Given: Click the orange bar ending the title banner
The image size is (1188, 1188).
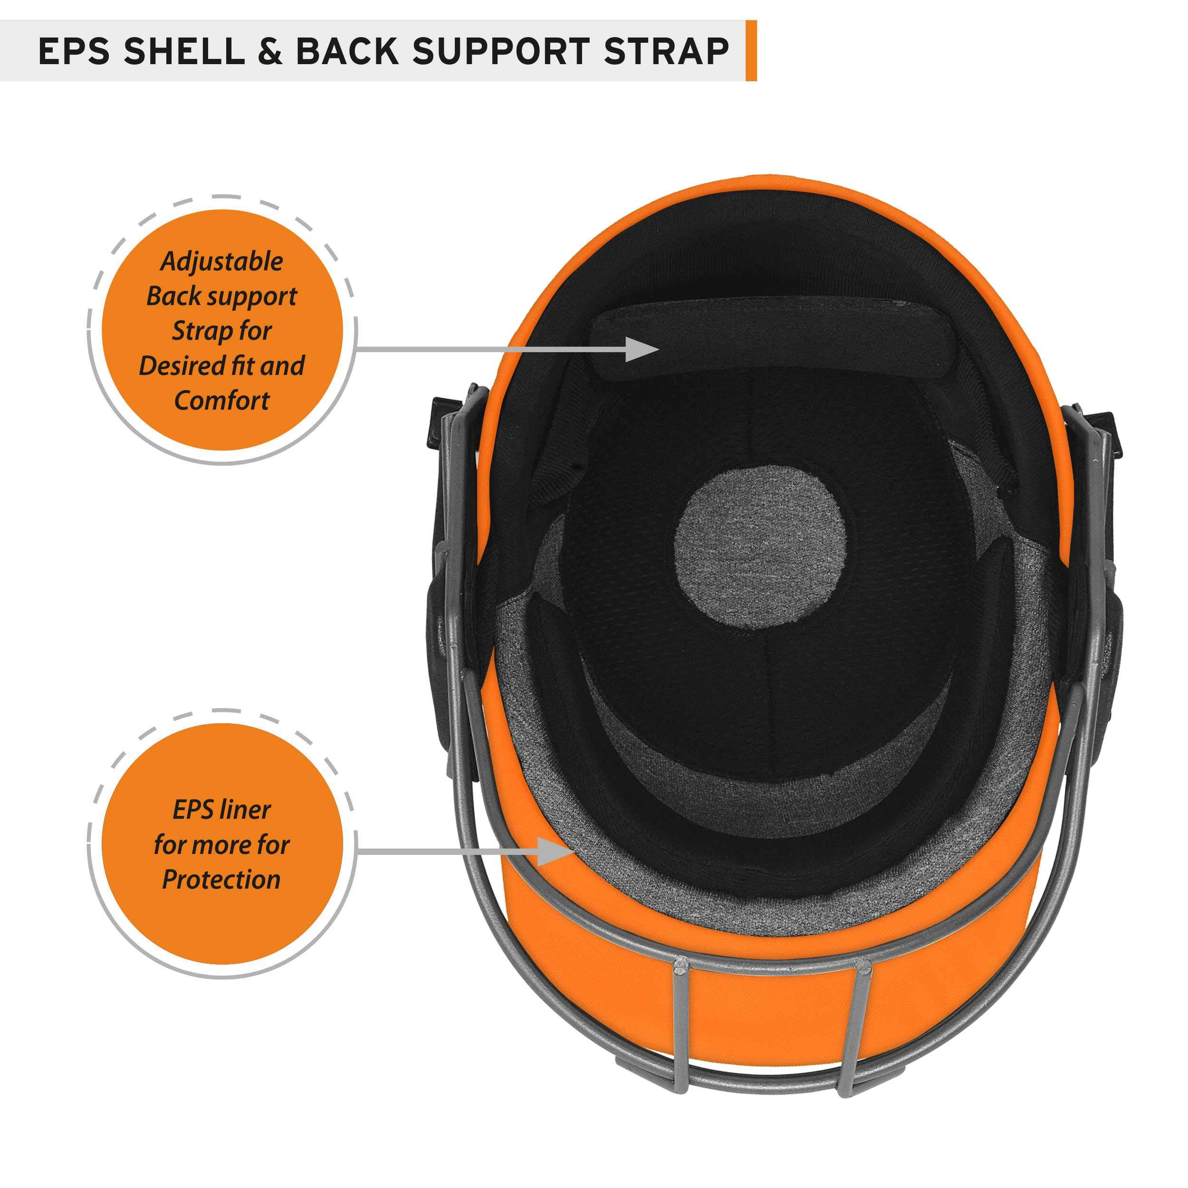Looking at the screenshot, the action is click(x=751, y=50).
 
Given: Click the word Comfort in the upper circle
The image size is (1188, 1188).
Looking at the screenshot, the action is click(x=221, y=401).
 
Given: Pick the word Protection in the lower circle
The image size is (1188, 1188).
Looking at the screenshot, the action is click(x=221, y=880).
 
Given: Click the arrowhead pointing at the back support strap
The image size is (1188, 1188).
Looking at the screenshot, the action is click(x=642, y=349).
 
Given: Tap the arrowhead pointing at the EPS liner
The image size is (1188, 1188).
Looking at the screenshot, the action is click(x=555, y=851).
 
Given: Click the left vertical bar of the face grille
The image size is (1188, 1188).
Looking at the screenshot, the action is click(x=682, y=1028).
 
